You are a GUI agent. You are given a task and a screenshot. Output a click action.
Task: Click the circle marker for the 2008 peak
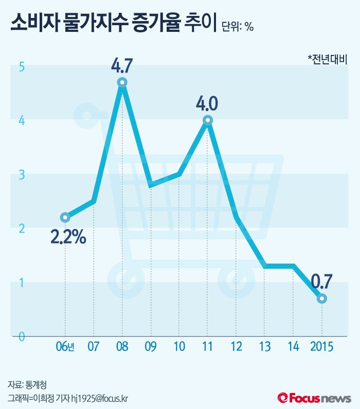122,82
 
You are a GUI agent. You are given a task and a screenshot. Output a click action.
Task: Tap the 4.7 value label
122,66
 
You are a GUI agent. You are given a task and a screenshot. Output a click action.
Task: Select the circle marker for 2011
207,120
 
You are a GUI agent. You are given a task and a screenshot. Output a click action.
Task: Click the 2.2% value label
68,237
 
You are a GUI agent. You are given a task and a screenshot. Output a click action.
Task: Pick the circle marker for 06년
65,217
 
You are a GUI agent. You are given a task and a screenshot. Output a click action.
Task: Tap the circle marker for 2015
321,299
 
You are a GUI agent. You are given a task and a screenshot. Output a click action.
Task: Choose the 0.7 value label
321,282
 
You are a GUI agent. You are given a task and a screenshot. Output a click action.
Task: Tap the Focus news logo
314,398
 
